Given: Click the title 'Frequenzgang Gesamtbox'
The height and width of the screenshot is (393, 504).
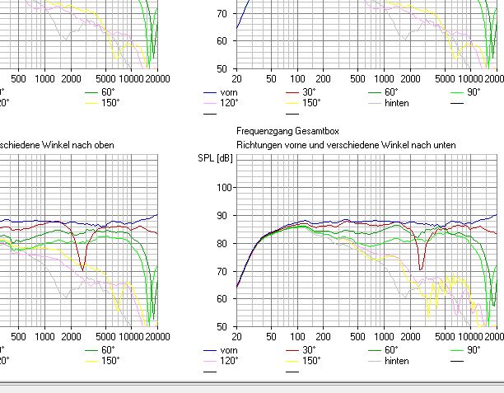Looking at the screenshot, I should pyautogui.click(x=287, y=131).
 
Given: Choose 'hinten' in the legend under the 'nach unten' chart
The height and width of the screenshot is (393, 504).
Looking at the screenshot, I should pyautogui.click(x=396, y=360).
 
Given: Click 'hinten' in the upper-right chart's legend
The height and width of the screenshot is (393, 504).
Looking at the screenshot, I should pyautogui.click(x=396, y=103).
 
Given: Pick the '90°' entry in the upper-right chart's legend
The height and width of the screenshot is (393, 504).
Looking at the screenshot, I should pyautogui.click(x=474, y=92).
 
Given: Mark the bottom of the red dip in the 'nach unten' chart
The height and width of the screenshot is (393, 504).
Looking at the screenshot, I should pyautogui.click(x=422, y=269).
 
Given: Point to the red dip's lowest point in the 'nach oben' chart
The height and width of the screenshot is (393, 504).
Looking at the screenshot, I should pyautogui.click(x=82, y=269).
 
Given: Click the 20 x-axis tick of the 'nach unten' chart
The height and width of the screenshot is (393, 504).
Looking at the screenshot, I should pyautogui.click(x=237, y=337).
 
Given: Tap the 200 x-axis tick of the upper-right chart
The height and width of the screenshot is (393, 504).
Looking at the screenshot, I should pyautogui.click(x=324, y=80).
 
